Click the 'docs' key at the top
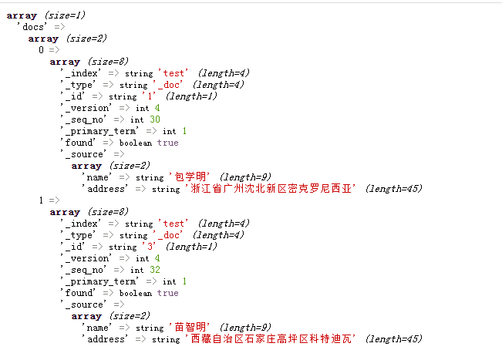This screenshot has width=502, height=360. pos(33,27)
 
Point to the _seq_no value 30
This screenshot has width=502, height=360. pos(155,119)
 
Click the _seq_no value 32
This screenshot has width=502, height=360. pos(155,270)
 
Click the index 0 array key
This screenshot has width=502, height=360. pos(42,50)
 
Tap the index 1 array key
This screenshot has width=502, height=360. pos(42,200)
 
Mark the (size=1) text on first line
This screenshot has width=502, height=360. pos(64,15)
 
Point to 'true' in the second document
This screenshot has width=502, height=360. pos(167,293)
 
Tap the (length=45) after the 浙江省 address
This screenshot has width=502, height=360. pos(393,189)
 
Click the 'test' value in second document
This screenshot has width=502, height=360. pos(175,224)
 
